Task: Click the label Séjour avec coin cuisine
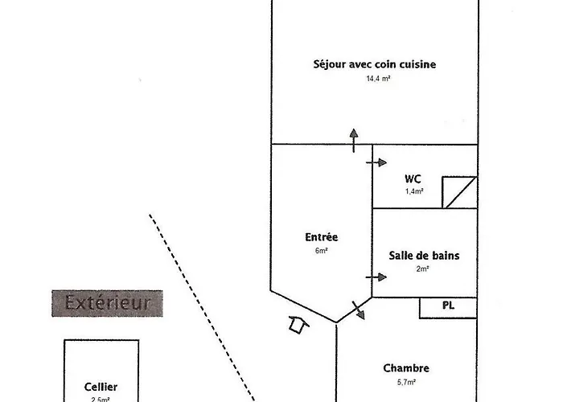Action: [374, 64]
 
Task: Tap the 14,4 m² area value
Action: [378, 79]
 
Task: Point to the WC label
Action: [413, 178]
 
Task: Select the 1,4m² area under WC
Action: [414, 192]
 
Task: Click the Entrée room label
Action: [322, 237]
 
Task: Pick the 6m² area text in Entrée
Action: [322, 251]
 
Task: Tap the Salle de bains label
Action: [424, 256]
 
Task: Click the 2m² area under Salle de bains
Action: [423, 269]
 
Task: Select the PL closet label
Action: [448, 306]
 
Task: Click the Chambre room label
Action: [406, 368]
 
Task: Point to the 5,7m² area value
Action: [406, 383]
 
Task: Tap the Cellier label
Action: [101, 387]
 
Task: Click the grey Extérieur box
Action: [108, 303]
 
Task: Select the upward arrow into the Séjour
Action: [352, 138]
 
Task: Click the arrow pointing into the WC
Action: [376, 162]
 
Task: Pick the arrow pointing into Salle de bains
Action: [376, 277]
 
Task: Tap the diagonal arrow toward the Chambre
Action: [357, 310]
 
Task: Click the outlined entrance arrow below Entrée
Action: [298, 324]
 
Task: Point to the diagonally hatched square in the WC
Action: [460, 192]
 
